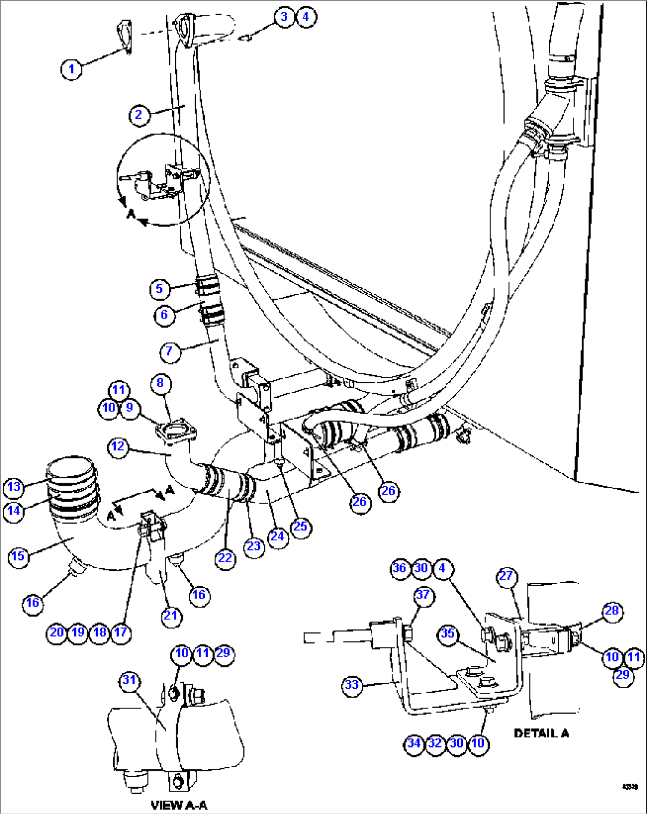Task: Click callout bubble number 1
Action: (71, 69)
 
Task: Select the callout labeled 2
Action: (139, 114)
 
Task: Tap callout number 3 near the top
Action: (284, 17)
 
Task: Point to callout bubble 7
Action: (170, 351)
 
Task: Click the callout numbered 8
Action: (160, 383)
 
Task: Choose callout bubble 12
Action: (118, 445)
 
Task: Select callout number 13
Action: (14, 487)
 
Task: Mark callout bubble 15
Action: (18, 556)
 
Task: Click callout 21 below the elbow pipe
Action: (171, 615)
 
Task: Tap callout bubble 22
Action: (226, 558)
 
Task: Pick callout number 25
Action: (301, 527)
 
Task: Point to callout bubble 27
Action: (506, 576)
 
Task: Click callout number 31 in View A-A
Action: (129, 680)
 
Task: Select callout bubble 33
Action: (352, 685)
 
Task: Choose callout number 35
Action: (448, 634)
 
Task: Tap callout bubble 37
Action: (423, 595)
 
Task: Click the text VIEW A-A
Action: (179, 805)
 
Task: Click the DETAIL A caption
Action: (541, 733)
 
